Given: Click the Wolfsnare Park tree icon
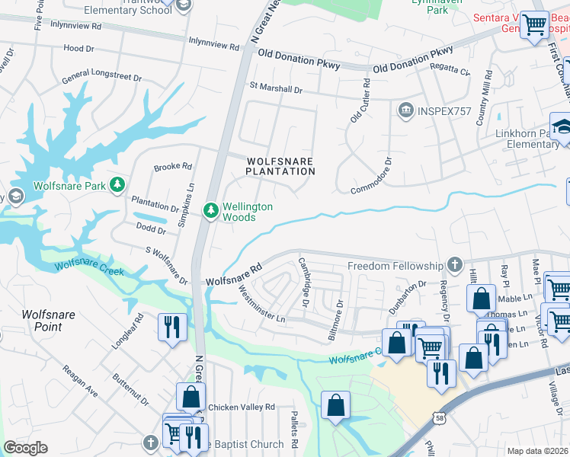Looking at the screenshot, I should coord(117,185).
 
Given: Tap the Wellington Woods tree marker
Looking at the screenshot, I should coord(210,209).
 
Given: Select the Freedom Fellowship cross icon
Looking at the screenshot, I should coord(454,265).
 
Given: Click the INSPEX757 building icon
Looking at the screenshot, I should coord(405,111).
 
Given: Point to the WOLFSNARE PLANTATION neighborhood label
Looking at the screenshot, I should coord(280,165).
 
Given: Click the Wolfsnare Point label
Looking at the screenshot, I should coord(52,321).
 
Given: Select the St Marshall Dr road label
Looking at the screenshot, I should coord(276,89).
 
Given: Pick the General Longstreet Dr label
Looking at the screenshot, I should coord(101,78).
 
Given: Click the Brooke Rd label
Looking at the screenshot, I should coord(173,167).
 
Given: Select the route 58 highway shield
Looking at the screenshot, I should coord(439,418).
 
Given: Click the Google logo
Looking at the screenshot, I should coord(25,447).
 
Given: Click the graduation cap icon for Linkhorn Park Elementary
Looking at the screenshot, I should coord(562,126).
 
